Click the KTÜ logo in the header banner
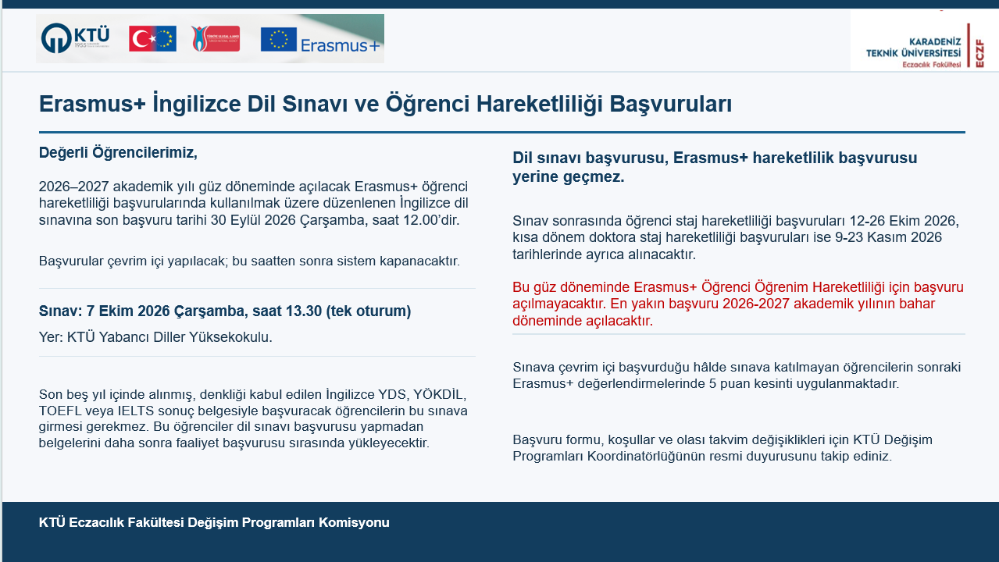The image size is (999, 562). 75,38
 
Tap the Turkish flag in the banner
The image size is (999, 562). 152,39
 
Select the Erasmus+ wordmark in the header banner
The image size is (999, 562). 341,45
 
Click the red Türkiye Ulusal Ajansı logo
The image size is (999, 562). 216,38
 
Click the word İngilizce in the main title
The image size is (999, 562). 197,103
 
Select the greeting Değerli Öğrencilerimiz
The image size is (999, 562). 118,153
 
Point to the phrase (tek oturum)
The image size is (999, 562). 369,311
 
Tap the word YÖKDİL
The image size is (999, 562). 440,394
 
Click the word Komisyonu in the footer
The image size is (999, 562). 354,522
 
